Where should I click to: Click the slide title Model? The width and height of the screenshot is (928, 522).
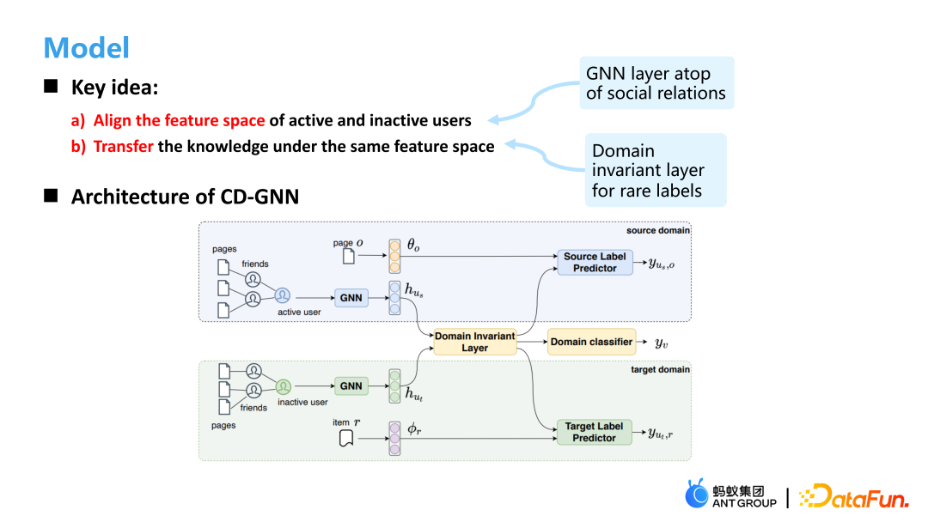tap(86, 47)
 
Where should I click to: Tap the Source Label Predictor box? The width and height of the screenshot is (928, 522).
tap(595, 262)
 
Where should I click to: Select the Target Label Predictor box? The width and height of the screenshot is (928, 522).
tap(595, 432)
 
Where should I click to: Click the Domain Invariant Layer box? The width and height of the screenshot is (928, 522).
tap(474, 342)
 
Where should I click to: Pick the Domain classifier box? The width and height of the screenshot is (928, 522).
tap(591, 342)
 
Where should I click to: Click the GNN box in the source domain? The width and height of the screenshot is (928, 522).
tap(351, 298)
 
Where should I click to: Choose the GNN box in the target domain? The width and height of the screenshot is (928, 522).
tap(351, 386)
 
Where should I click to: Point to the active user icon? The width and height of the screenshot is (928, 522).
tap(283, 295)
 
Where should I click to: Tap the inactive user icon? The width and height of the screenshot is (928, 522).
tap(284, 386)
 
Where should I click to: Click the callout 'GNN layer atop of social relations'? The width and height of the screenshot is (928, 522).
tap(656, 83)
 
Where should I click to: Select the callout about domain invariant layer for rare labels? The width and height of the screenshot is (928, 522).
tap(655, 170)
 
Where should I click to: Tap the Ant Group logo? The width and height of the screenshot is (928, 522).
tap(730, 495)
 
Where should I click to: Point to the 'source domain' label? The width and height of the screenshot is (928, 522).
tap(658, 230)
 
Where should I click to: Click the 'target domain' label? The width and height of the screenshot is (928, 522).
tap(660, 369)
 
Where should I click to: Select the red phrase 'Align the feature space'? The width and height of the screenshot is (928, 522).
tap(179, 120)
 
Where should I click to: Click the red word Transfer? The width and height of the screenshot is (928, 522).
tap(124, 146)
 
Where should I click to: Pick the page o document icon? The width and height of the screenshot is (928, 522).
tap(348, 256)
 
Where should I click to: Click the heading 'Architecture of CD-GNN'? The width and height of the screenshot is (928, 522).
tap(185, 197)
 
